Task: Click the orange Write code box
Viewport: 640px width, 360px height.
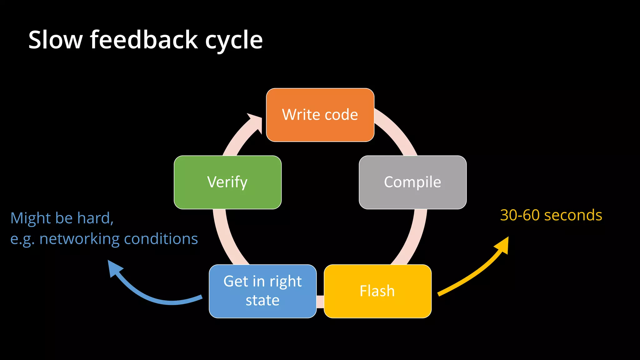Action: point(320,115)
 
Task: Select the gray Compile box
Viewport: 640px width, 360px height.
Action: point(412,182)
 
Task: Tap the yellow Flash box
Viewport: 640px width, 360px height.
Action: point(377,291)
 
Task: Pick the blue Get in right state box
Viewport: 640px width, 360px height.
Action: point(262,291)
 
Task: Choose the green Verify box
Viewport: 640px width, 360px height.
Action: point(227,182)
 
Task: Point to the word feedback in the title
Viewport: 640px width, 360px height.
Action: point(144,40)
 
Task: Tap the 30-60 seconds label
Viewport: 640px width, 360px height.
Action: point(551,215)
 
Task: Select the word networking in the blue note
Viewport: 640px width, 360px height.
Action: point(79,239)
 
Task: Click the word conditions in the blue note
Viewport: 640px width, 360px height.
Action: point(161,239)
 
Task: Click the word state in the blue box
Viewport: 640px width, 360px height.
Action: point(262,301)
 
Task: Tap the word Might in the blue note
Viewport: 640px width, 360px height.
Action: point(30,218)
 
